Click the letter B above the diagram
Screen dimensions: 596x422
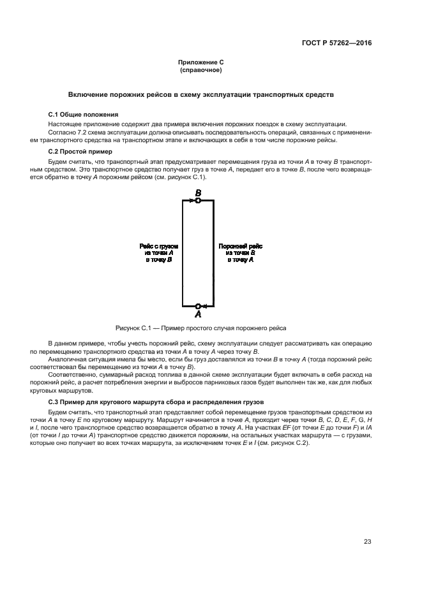[198, 192]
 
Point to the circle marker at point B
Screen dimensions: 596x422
[198, 201]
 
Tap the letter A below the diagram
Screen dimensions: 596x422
[198, 314]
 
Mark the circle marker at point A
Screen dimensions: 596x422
[198, 306]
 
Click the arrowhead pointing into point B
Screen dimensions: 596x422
[191, 201]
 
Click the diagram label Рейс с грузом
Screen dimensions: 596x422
[159, 245]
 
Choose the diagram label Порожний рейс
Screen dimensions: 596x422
[239, 245]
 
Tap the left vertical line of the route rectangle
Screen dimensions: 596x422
[183, 255]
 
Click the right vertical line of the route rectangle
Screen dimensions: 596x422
[213, 255]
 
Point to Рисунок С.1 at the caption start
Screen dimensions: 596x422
[132, 328]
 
